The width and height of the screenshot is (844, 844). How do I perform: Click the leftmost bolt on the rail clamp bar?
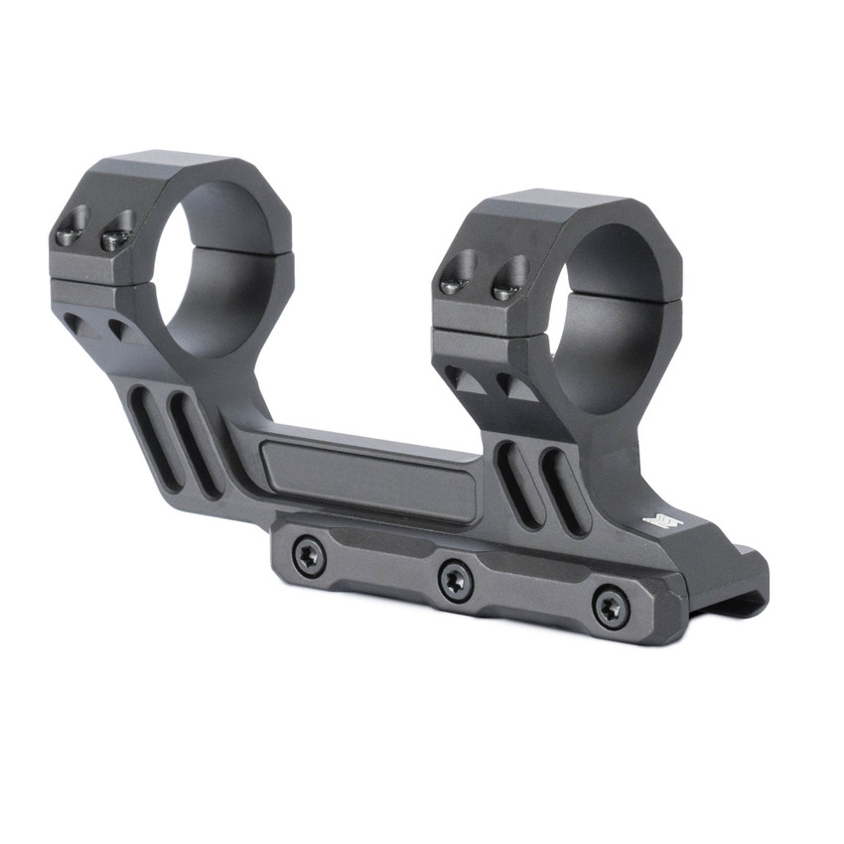pos(310,558)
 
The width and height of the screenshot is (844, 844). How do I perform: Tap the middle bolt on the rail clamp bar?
pos(456,579)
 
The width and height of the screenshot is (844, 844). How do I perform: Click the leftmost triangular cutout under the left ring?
pos(79,325)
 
